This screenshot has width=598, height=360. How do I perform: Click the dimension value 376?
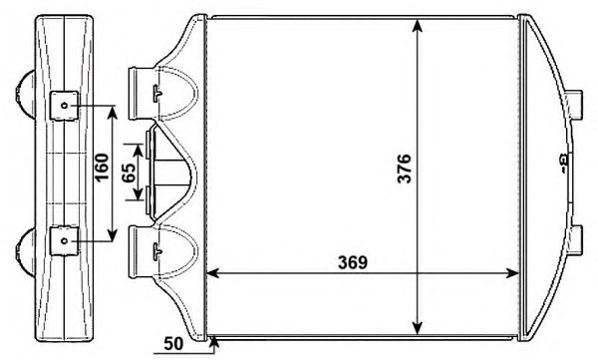pyautogui.click(x=404, y=169)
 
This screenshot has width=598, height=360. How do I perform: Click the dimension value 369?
pyautogui.click(x=353, y=262)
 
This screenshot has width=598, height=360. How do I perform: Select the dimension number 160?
pyautogui.click(x=102, y=168)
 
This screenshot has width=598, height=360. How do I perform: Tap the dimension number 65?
pyautogui.click(x=129, y=173)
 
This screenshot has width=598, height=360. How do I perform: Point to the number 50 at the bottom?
pyautogui.click(x=173, y=344)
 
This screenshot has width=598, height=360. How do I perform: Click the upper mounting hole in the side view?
pyautogui.click(x=64, y=106)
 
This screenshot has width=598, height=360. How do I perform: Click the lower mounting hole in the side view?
pyautogui.click(x=64, y=241)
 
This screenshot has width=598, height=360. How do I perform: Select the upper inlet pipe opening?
pyautogui.click(x=134, y=94)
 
